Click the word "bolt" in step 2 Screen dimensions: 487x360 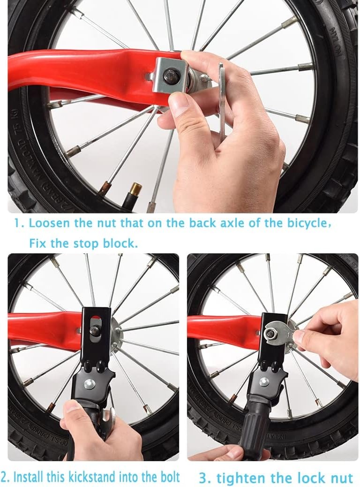point(168,477)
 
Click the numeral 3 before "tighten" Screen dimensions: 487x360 point(203,479)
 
